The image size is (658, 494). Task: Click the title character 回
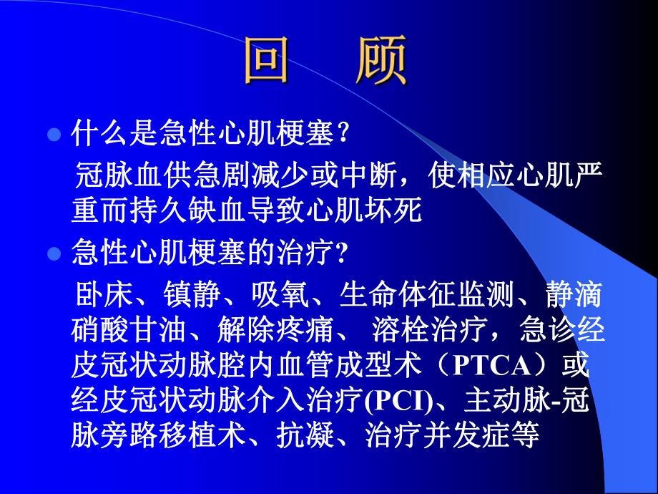[266, 61]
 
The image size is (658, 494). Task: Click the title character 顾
[380, 61]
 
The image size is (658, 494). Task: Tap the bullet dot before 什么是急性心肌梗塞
[52, 134]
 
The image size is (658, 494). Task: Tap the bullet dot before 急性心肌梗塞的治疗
[52, 254]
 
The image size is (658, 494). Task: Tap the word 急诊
[544, 331]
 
